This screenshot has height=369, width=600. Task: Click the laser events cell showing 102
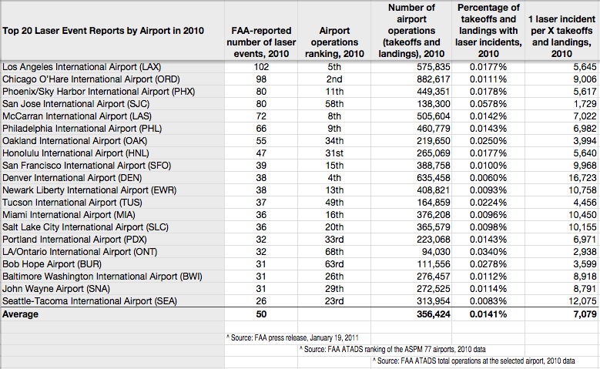tap(261, 67)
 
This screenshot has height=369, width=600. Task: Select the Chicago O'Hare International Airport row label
tap(91, 79)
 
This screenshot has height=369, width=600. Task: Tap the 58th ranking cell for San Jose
tap(334, 104)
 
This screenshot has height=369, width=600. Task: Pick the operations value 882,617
tap(433, 79)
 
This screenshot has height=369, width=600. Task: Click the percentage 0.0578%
tap(488, 104)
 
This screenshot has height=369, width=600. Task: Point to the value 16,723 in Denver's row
tap(582, 178)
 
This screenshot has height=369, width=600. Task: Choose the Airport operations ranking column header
tap(334, 42)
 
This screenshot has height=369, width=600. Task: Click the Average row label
tap(20, 314)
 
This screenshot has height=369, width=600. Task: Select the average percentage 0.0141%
tap(488, 314)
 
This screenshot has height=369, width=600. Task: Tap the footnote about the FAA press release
tap(293, 338)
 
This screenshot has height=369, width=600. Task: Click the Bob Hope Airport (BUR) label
tap(52, 264)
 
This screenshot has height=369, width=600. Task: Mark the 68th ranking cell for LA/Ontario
tap(334, 252)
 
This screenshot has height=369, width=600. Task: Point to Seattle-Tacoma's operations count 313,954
tap(433, 301)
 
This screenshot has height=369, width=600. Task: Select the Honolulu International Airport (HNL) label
tap(75, 153)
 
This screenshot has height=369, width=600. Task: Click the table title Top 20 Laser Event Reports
tap(103, 31)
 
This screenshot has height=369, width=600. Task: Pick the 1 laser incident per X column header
tap(561, 36)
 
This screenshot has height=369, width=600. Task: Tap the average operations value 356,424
tap(433, 314)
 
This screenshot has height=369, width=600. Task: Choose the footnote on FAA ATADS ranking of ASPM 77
tap(393, 350)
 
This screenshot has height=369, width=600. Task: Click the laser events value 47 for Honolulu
tap(261, 153)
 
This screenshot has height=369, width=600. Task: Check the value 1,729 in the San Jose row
tap(585, 104)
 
